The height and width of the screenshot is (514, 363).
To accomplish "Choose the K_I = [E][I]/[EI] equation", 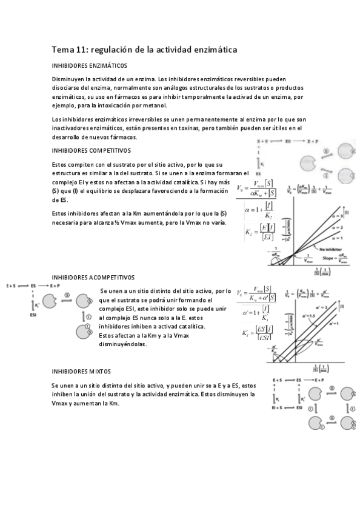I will pyautogui.click(x=258, y=232).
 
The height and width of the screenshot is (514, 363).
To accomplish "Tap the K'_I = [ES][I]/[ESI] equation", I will pyautogui.click(x=257, y=333).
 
